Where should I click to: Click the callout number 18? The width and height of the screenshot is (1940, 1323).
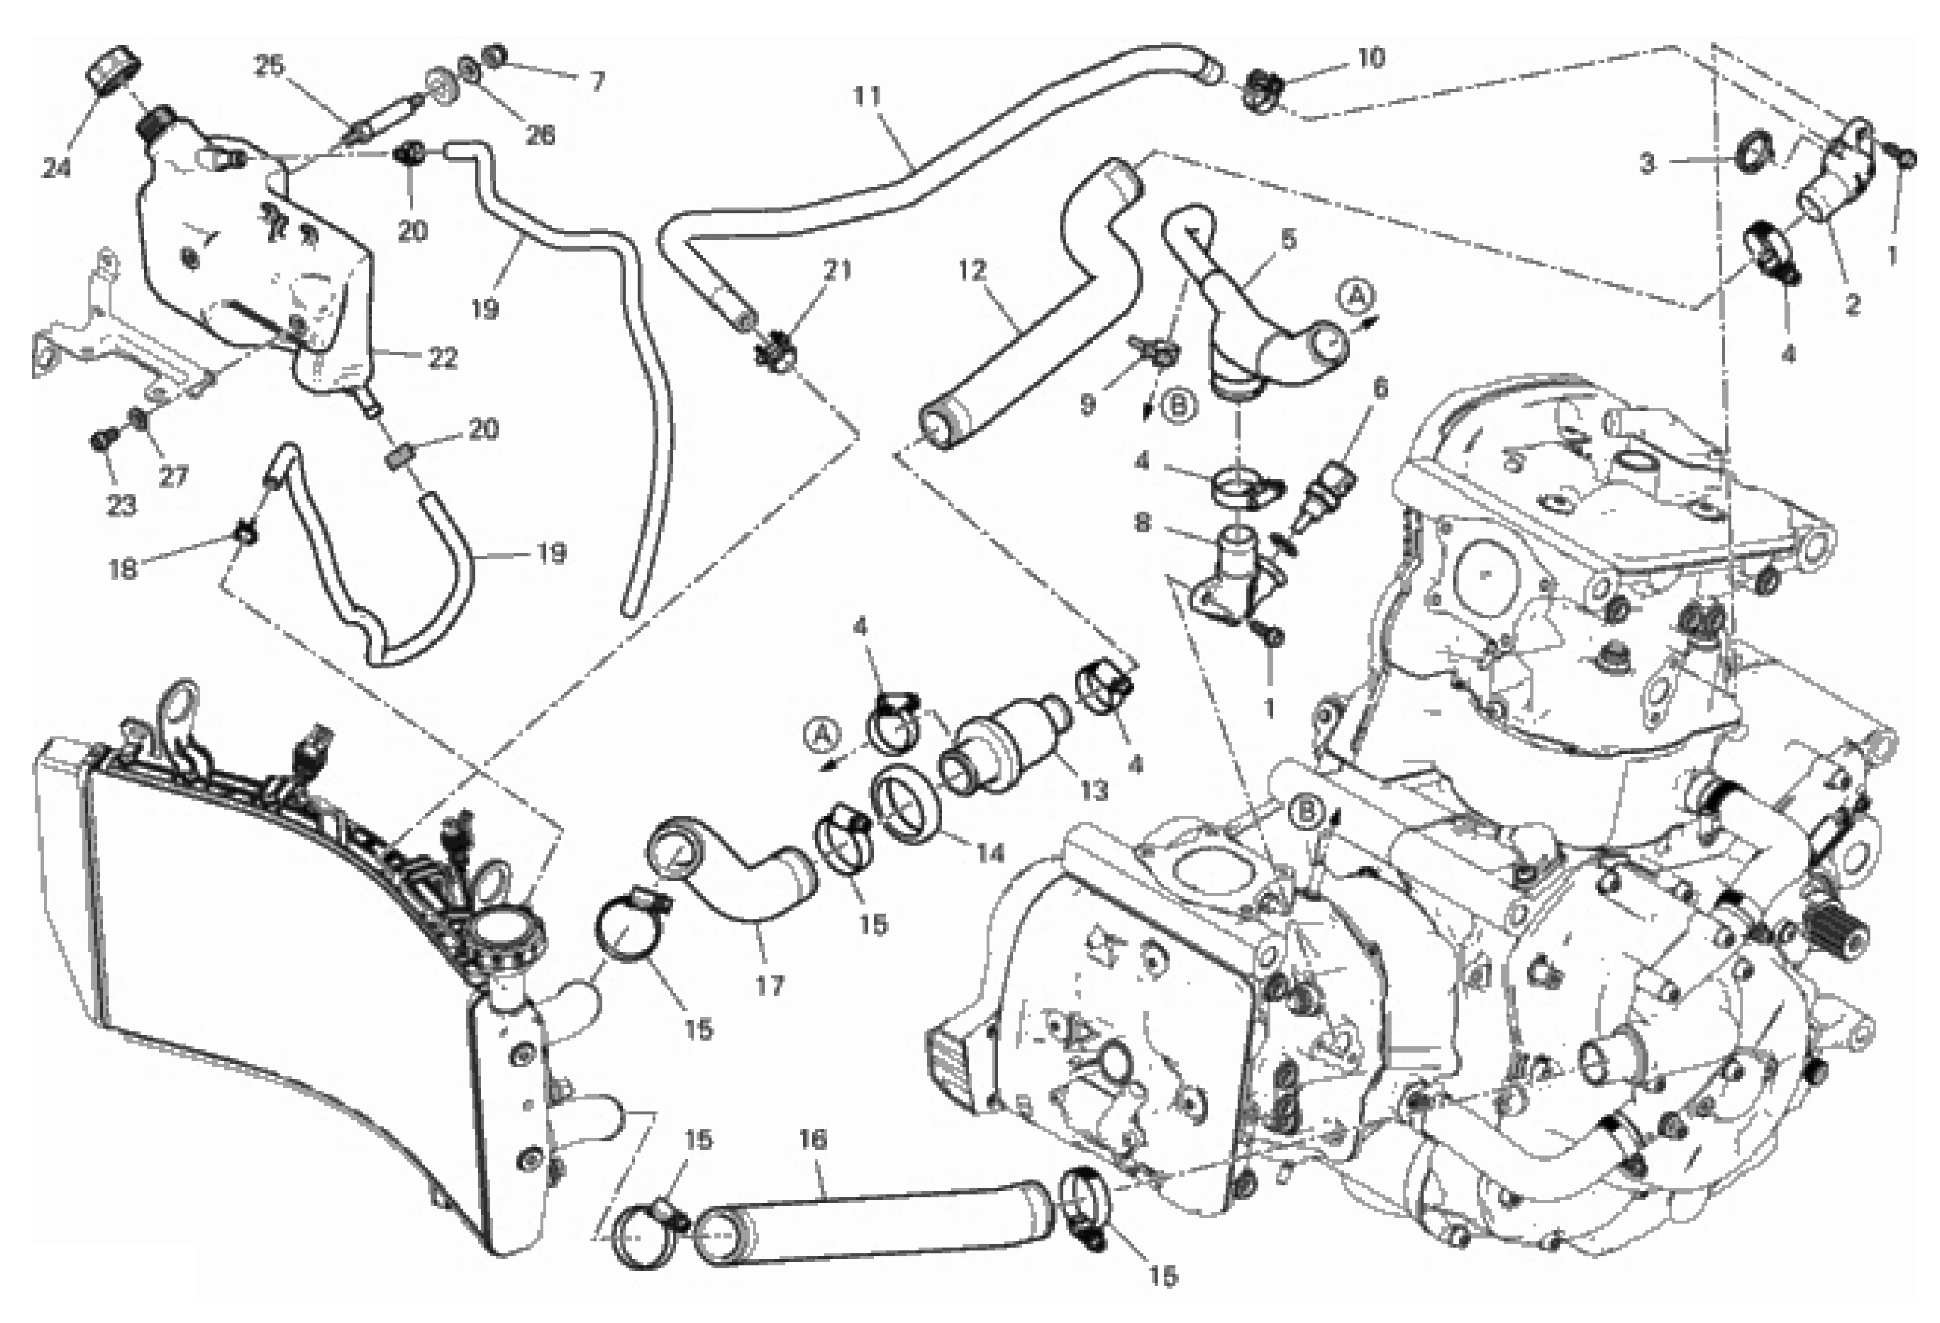[123, 569]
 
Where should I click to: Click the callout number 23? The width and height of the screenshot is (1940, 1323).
[121, 505]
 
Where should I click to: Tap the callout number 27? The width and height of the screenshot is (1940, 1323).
[174, 477]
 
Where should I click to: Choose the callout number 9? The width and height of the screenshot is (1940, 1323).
[1087, 405]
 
